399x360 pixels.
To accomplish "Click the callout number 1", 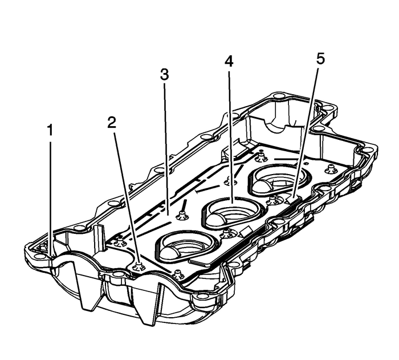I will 51,131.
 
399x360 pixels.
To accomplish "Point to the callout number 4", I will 229,61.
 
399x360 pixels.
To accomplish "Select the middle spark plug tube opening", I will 232,211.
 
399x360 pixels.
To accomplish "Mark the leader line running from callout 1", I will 51,194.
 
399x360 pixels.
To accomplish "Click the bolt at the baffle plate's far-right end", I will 330,168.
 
